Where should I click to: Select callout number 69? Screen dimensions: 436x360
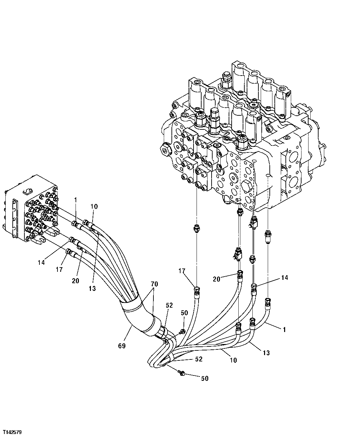pyautogui.click(x=121, y=346)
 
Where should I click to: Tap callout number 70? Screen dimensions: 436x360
pyautogui.click(x=154, y=284)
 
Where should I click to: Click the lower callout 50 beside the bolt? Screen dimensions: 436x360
pyautogui.click(x=205, y=378)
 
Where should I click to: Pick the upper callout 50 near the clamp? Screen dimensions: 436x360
pyautogui.click(x=185, y=313)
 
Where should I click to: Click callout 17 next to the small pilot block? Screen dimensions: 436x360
pyautogui.click(x=59, y=269)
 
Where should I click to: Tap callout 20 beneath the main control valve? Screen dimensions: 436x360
pyautogui.click(x=217, y=279)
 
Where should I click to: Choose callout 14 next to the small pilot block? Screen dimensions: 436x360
pyautogui.click(x=41, y=263)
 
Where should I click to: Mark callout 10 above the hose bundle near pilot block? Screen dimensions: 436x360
pyautogui.click(x=94, y=206)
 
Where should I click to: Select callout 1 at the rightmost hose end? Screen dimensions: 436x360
pyautogui.click(x=284, y=330)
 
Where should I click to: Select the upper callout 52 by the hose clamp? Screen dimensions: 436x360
pyautogui.click(x=169, y=306)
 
